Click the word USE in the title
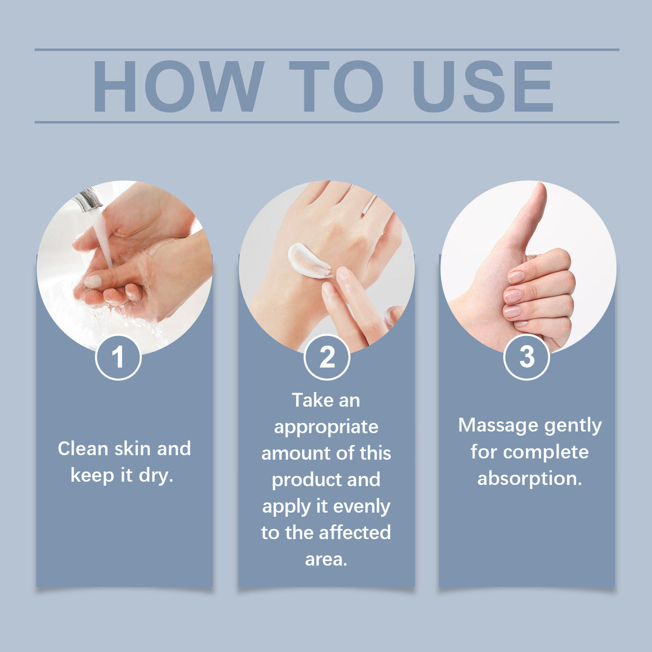point(482,86)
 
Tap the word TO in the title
point(336,86)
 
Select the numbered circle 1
point(118,357)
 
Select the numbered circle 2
point(327,357)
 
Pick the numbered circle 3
point(526,357)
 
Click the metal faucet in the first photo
point(88,200)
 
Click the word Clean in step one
point(83,449)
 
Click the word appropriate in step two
point(326,427)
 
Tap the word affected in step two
point(358,533)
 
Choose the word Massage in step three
point(494,425)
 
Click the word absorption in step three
point(530,479)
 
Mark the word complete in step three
point(546,452)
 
